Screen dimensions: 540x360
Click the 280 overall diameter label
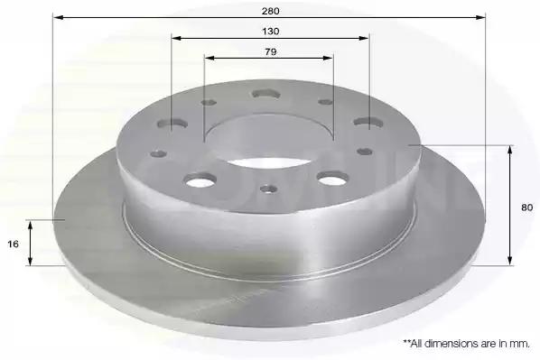[x=270, y=11]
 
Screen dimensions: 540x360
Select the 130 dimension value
[x=271, y=32]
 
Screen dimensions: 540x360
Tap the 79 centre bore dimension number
[x=271, y=52]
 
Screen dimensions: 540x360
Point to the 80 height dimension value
[x=527, y=208]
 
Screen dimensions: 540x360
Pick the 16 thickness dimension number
[x=13, y=245]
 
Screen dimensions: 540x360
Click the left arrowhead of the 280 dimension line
[x=58, y=17]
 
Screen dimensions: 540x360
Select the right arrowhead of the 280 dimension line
[x=480, y=17]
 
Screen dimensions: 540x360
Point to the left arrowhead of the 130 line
[x=176, y=38]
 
